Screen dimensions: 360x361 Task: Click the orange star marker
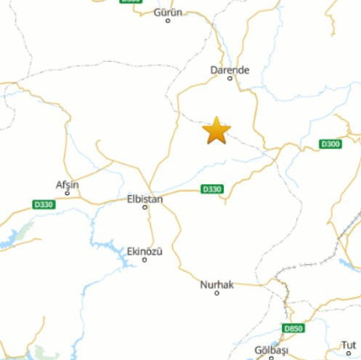(x=216, y=131)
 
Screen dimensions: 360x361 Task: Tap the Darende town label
(x=230, y=70)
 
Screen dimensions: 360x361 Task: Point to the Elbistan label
(x=145, y=198)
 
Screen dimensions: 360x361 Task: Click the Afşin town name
(x=67, y=184)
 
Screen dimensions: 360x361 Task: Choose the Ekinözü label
(x=145, y=250)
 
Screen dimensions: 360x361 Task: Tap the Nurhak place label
(x=217, y=285)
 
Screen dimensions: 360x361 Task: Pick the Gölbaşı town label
(x=272, y=351)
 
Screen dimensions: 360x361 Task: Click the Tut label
(x=349, y=345)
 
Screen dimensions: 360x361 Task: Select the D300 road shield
(x=330, y=144)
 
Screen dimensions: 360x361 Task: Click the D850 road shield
(x=293, y=329)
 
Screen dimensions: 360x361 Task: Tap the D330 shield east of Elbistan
(x=211, y=189)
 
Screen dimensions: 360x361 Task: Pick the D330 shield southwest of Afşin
(x=44, y=205)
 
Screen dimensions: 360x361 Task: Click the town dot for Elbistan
(x=145, y=207)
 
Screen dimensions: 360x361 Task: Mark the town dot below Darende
(x=230, y=78)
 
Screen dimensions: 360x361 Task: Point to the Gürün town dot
(x=168, y=21)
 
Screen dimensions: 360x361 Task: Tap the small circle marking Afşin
(x=67, y=193)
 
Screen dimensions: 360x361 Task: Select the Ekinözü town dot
(x=145, y=259)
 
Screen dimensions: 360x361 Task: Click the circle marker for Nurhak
(x=217, y=294)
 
